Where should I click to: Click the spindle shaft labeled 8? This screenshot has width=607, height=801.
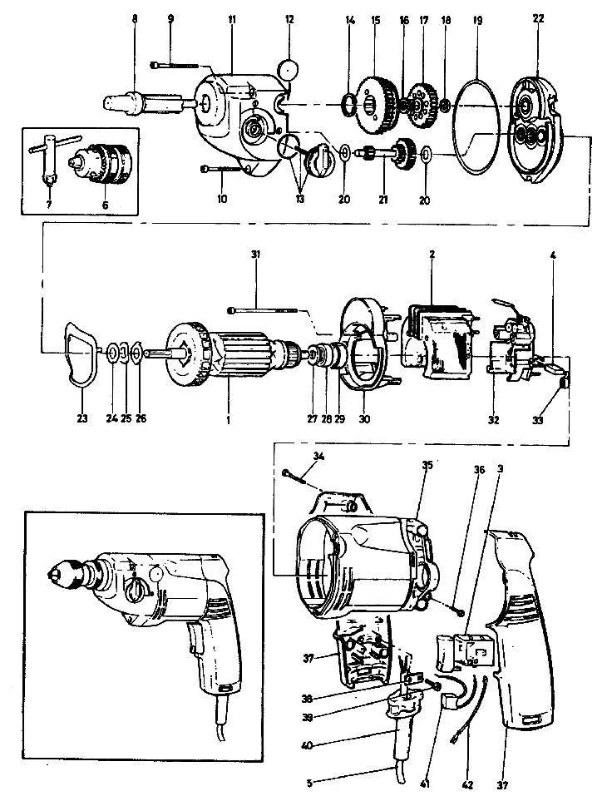click(x=146, y=104)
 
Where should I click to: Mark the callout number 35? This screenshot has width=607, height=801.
click(x=427, y=466)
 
